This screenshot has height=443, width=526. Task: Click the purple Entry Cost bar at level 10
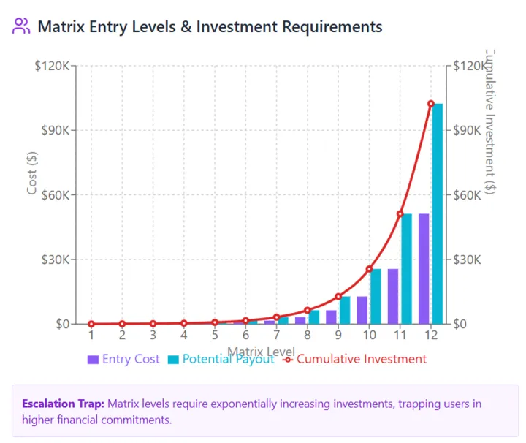362,310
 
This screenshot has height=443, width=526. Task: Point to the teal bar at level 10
376,296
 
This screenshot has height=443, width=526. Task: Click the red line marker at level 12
431,104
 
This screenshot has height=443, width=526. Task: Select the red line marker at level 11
400,214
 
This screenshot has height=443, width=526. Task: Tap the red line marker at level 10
369,269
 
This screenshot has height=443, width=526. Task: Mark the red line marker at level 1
91,324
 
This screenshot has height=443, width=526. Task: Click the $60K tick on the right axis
468,195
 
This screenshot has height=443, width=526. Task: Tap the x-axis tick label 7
276,336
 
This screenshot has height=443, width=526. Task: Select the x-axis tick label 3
153,336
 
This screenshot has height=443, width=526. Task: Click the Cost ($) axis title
31,173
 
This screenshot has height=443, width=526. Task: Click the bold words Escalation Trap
63,404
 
